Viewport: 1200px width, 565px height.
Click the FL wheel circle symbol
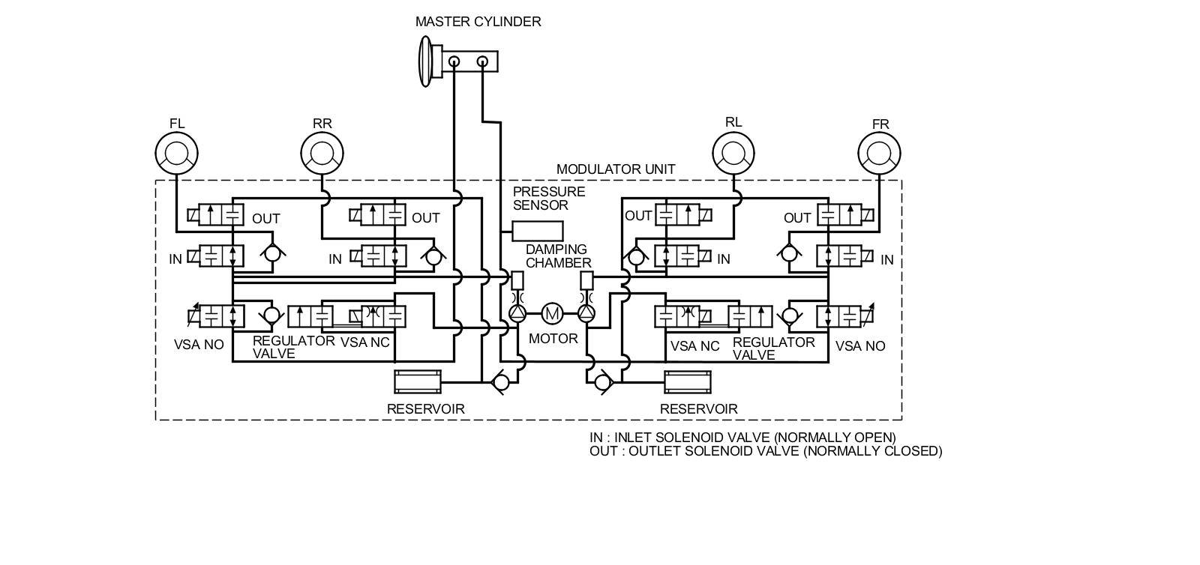point(177,153)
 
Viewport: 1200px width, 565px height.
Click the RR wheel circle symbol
point(322,153)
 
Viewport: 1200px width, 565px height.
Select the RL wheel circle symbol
point(733,153)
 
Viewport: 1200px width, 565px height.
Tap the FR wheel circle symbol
point(879,153)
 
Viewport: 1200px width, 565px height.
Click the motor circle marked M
point(552,313)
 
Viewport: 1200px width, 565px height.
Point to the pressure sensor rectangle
point(537,231)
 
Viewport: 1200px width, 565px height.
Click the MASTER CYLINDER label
point(478,22)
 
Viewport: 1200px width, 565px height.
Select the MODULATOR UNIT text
point(616,169)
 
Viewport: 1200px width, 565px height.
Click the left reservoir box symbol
point(418,382)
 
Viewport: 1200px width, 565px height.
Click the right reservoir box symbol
point(688,382)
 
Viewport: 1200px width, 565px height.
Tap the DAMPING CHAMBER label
point(558,256)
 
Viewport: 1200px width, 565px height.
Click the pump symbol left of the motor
point(517,313)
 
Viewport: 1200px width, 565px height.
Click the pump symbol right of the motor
point(587,313)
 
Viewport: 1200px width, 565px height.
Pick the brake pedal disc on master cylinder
point(425,61)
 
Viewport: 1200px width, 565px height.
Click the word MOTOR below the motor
point(553,339)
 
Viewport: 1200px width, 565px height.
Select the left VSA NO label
point(199,345)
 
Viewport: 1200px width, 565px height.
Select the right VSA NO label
point(859,346)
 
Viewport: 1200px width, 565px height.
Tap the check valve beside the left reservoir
point(501,383)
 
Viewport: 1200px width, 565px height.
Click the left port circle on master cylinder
point(454,61)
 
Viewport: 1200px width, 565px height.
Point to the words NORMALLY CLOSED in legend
point(873,451)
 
